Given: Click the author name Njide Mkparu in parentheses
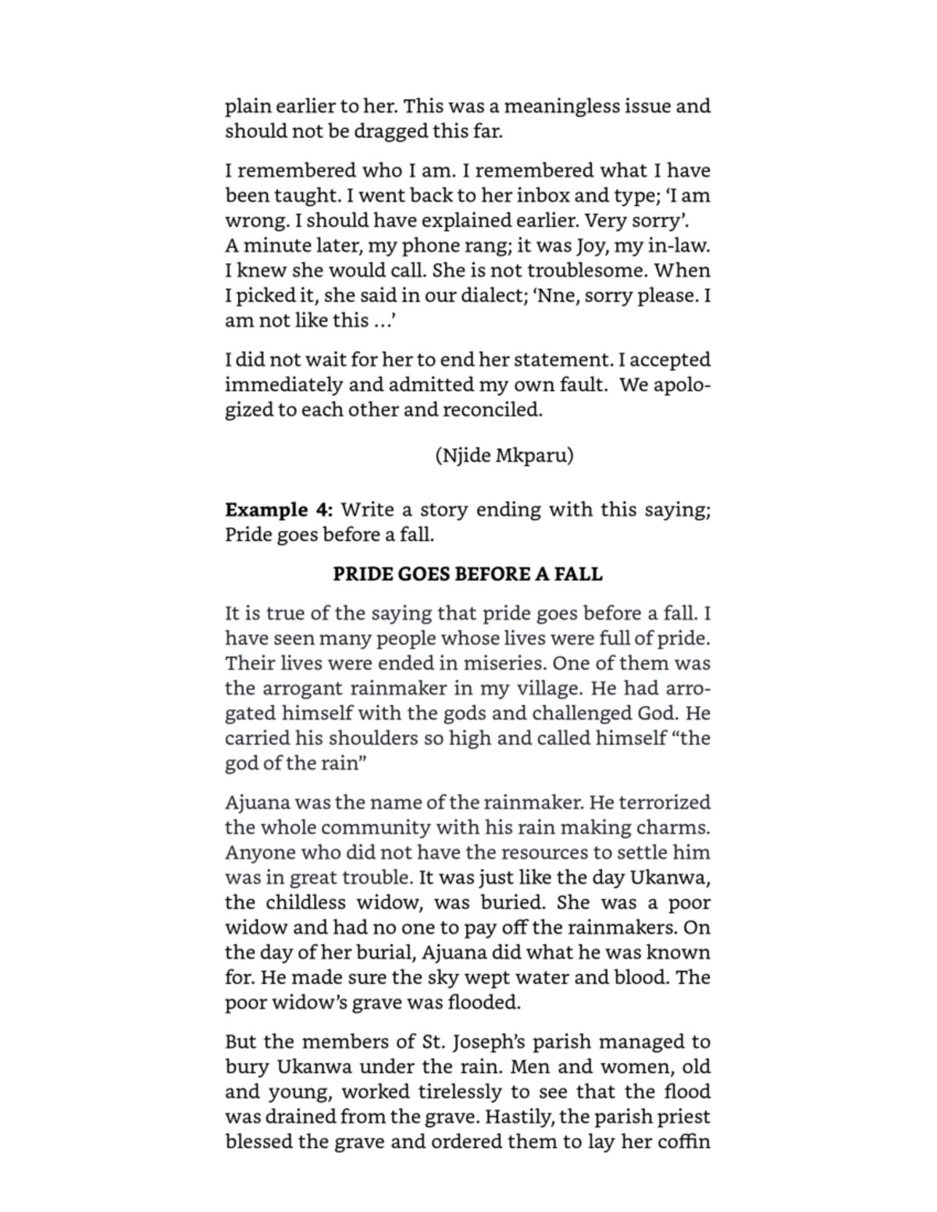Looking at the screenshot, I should tap(504, 456).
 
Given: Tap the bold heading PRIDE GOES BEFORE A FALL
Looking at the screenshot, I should tap(468, 574).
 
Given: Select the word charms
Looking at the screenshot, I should tap(677, 827).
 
